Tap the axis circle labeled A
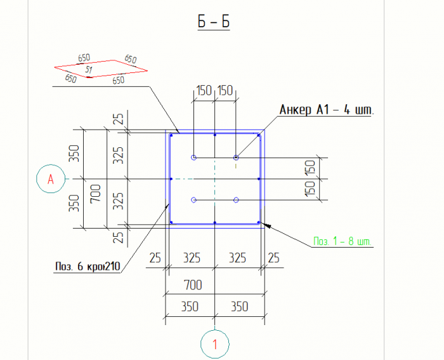[x=51, y=180]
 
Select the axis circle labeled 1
[x=215, y=344]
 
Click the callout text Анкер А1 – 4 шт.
[x=327, y=110]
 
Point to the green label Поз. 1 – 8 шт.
[x=343, y=242]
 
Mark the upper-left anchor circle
[x=194, y=157]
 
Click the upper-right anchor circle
[x=236, y=157]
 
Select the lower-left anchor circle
[x=194, y=200]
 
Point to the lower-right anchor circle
[x=236, y=200]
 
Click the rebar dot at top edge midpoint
[x=216, y=135]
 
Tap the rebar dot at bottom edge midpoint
[x=216, y=222]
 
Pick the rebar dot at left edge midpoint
[x=171, y=179]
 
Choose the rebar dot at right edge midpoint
[x=259, y=179]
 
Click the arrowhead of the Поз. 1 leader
[x=266, y=224]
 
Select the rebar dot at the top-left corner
[x=172, y=135]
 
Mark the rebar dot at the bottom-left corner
[x=172, y=222]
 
